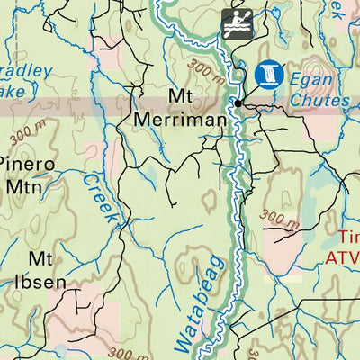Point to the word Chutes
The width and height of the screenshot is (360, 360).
319,101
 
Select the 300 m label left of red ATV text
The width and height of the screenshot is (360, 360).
279,218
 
